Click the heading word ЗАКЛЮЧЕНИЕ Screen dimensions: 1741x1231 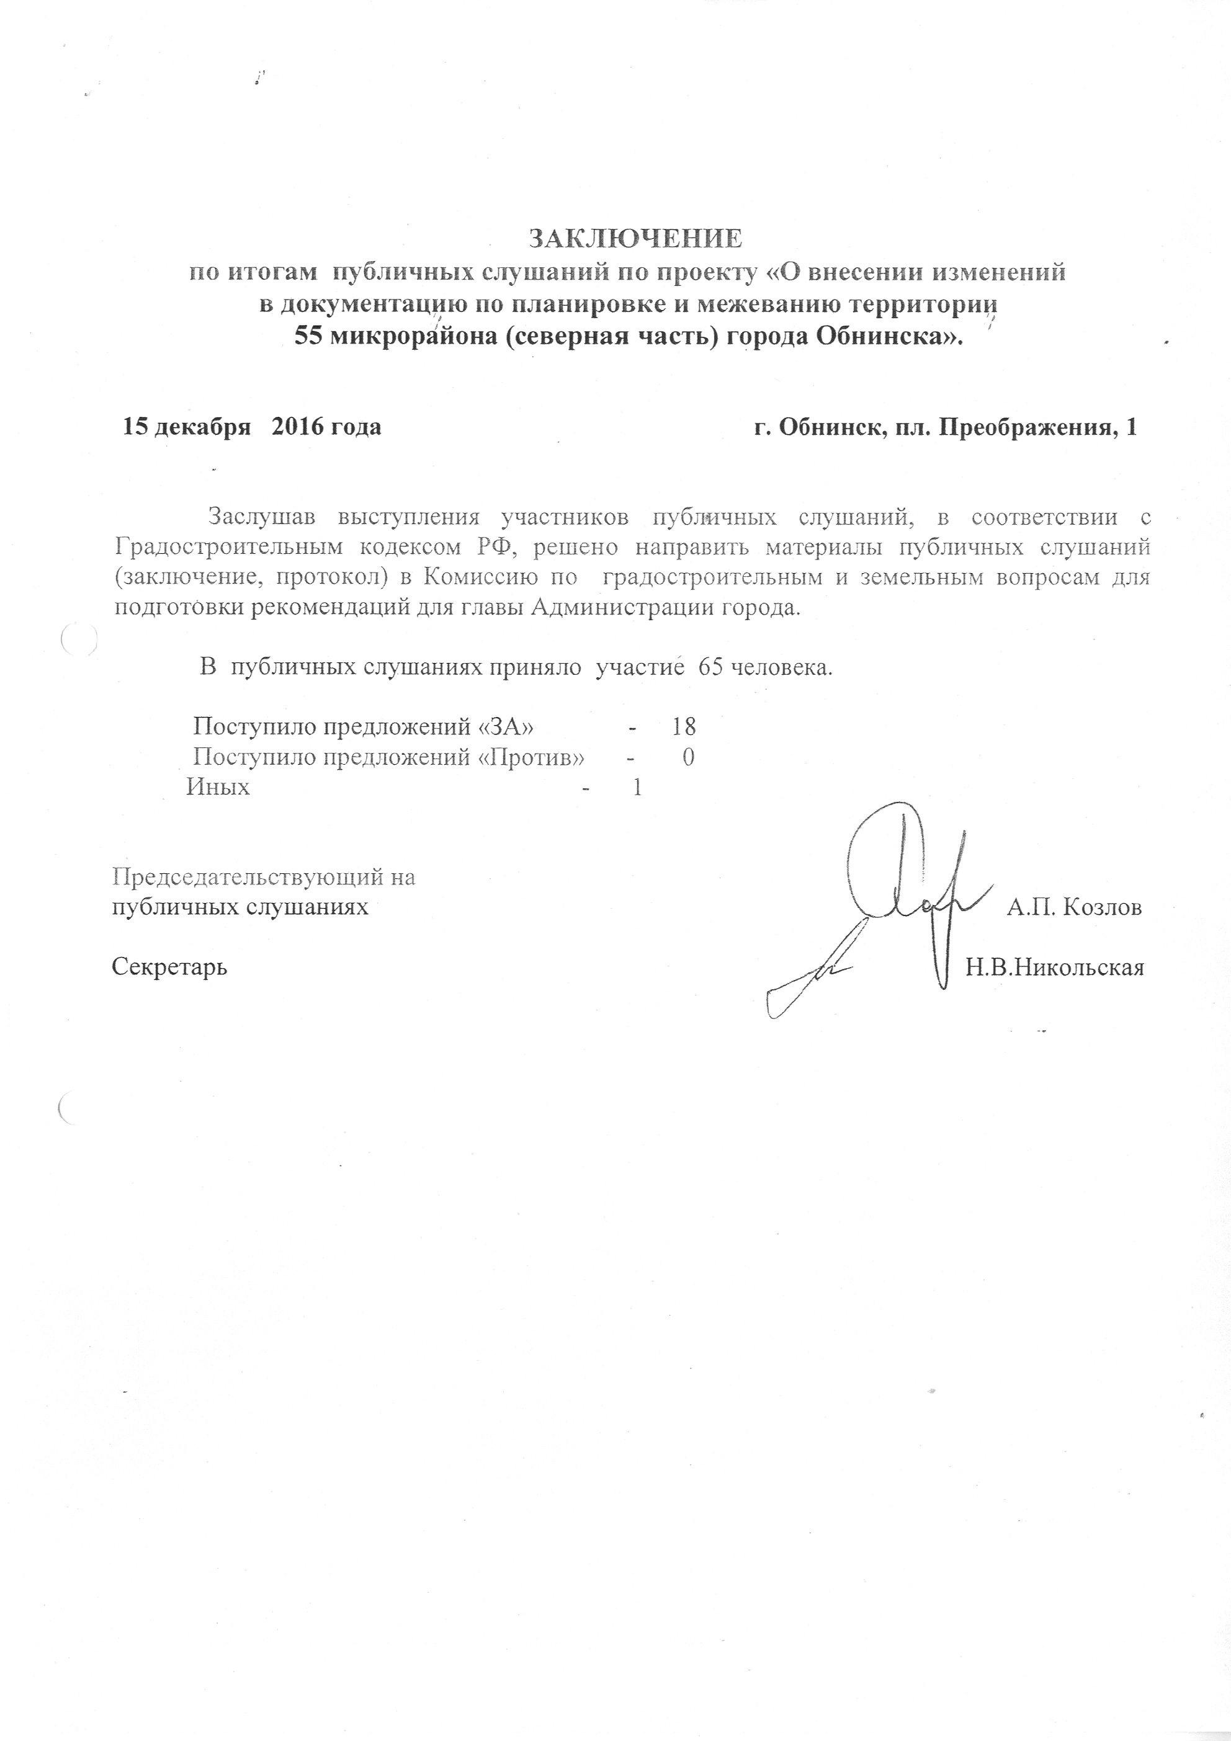click(x=635, y=239)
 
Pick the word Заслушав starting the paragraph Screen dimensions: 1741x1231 click(x=262, y=517)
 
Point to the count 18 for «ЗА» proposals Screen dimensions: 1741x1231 click(x=683, y=726)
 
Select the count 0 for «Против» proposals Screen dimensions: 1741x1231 click(x=688, y=757)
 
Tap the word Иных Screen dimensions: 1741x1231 click(x=218, y=787)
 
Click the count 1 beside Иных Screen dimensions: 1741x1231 click(x=637, y=787)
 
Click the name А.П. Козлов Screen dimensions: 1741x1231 click(x=1074, y=907)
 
